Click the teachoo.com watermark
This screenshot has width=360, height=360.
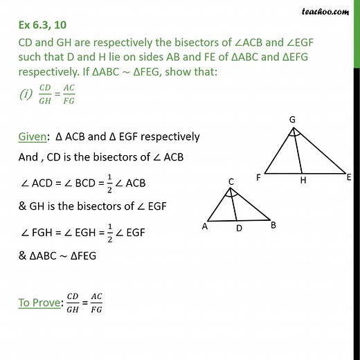coord(324,10)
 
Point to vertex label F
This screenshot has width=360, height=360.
coord(258,177)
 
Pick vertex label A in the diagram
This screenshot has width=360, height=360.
coord(205,226)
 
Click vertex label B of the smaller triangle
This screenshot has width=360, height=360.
coord(273,225)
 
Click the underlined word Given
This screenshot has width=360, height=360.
coord(35,136)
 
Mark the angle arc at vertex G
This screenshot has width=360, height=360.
coord(292,135)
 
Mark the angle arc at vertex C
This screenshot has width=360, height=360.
coord(232,196)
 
